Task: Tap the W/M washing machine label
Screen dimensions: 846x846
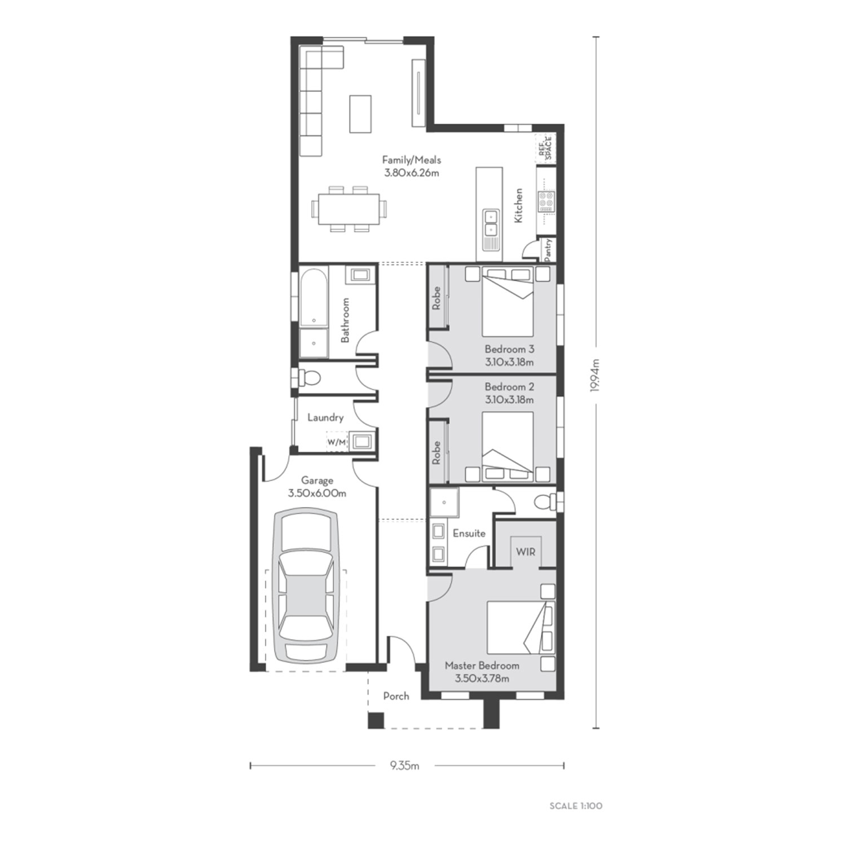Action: pos(336,442)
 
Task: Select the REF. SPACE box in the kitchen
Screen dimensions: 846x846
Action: pos(545,147)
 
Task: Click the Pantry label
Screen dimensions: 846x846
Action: pos(548,250)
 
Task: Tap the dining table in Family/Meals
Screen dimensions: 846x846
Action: pos(349,209)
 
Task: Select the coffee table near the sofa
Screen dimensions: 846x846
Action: pos(360,114)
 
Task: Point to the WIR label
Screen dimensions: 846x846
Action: pos(525,552)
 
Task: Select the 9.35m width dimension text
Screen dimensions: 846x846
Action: pos(404,765)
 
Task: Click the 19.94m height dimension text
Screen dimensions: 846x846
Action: pos(596,382)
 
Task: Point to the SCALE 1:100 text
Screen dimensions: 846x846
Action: pos(576,806)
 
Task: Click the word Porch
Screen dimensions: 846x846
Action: pos(396,696)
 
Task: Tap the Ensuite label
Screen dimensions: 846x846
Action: pos(469,533)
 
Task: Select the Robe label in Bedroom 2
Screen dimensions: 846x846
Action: pos(436,453)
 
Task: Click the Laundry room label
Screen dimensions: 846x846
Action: pos(325,417)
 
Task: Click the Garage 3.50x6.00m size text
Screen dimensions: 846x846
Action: pos(317,493)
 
